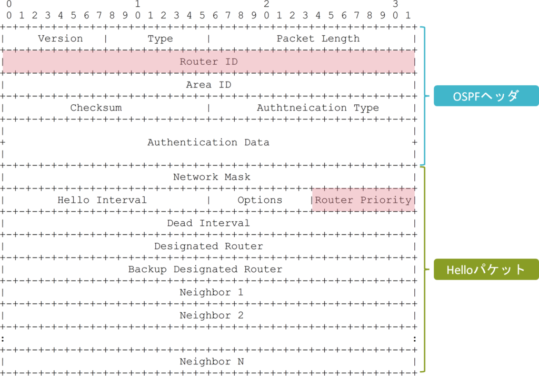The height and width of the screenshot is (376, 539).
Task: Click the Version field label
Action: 61,38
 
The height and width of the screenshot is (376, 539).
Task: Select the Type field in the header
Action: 160,38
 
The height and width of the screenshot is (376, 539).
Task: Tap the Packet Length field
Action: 318,38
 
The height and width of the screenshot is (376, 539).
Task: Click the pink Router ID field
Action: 208,62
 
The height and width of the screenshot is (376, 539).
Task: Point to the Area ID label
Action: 208,85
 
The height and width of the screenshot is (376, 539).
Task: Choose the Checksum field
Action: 96,107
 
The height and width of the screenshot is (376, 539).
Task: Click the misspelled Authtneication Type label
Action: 317,107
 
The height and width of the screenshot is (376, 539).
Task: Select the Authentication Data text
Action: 208,142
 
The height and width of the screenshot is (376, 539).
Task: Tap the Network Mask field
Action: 212,177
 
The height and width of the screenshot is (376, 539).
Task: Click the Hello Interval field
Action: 102,200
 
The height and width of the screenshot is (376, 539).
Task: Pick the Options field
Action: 259,200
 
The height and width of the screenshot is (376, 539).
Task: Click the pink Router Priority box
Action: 363,200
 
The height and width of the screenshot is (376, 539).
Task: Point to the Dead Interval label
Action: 208,223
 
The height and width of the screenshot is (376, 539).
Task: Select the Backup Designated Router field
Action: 205,269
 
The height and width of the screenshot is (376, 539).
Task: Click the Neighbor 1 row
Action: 212,292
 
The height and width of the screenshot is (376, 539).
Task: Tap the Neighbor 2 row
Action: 212,315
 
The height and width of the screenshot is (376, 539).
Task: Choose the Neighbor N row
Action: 212,361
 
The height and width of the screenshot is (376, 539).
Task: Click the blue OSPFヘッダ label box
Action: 486,96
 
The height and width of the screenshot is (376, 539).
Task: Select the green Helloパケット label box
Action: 486,269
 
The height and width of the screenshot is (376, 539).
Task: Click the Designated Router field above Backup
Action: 208,246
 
